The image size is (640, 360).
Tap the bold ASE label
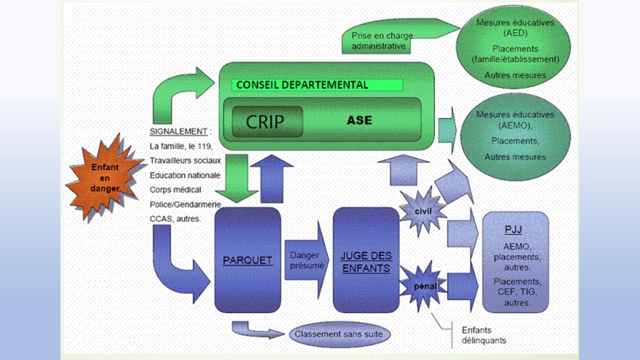pos(359,120)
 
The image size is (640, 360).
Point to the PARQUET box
pos(247,260)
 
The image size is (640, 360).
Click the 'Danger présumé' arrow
pos(306,260)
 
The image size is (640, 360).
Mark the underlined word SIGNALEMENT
pos(178,132)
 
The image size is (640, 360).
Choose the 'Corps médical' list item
pos(174,189)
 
